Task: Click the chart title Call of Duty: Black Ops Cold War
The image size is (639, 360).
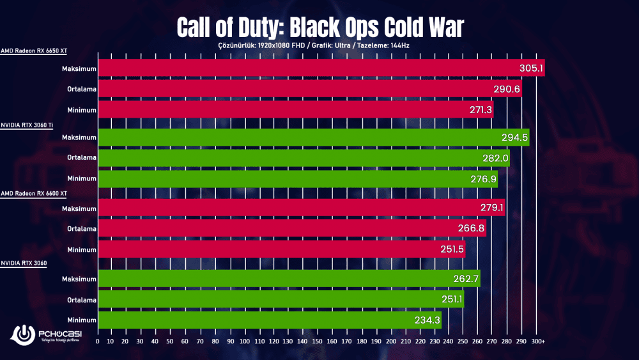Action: click(319, 27)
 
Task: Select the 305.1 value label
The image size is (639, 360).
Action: click(531, 68)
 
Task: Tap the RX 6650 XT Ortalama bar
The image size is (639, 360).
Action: click(310, 89)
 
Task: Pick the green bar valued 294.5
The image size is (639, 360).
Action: click(313, 137)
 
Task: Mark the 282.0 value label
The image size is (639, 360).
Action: click(495, 159)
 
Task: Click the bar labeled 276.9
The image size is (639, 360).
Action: click(297, 179)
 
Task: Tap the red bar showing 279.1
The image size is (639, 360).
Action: click(300, 208)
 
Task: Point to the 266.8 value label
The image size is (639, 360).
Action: click(473, 229)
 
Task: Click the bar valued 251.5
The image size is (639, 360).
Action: click(281, 249)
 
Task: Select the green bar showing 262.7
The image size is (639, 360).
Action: click(288, 278)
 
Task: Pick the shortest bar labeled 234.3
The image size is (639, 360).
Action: click(268, 320)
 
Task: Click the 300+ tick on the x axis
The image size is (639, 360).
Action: click(538, 342)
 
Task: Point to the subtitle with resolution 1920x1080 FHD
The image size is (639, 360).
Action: click(319, 45)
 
